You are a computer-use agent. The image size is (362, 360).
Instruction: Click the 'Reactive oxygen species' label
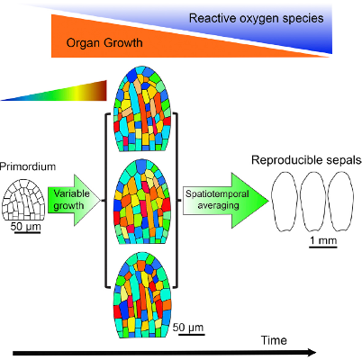pos(256,19)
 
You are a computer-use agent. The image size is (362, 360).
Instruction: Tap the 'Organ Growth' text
pos(104,42)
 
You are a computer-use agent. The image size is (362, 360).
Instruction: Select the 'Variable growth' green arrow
pos(74,200)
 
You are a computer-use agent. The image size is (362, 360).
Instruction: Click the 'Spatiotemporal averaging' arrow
pos(226,200)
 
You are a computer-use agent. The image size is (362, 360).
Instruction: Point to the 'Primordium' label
pos(28,166)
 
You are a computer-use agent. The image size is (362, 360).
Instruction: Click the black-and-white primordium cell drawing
pos(24,199)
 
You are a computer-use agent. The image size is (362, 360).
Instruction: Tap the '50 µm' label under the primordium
pos(25,226)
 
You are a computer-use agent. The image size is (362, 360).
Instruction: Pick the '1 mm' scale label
pos(323,240)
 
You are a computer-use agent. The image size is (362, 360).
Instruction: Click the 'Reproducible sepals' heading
pos(306,160)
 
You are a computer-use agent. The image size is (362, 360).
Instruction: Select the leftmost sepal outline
pos(285,202)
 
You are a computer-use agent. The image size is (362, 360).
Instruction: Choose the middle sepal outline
pos(313,202)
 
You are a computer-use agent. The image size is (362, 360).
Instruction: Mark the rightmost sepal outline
pos(341,202)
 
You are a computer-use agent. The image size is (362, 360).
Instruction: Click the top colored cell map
pos(142,109)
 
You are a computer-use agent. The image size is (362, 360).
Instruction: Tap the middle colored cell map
pos(142,202)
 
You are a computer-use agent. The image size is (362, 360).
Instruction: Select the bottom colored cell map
pos(142,295)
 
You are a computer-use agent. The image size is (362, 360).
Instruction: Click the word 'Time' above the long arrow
pos(274,340)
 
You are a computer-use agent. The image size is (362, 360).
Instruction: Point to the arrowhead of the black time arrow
pos(311,353)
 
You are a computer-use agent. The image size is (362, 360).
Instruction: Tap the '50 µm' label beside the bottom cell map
pos(188,328)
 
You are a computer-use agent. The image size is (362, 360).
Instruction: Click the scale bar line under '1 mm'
pos(323,247)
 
